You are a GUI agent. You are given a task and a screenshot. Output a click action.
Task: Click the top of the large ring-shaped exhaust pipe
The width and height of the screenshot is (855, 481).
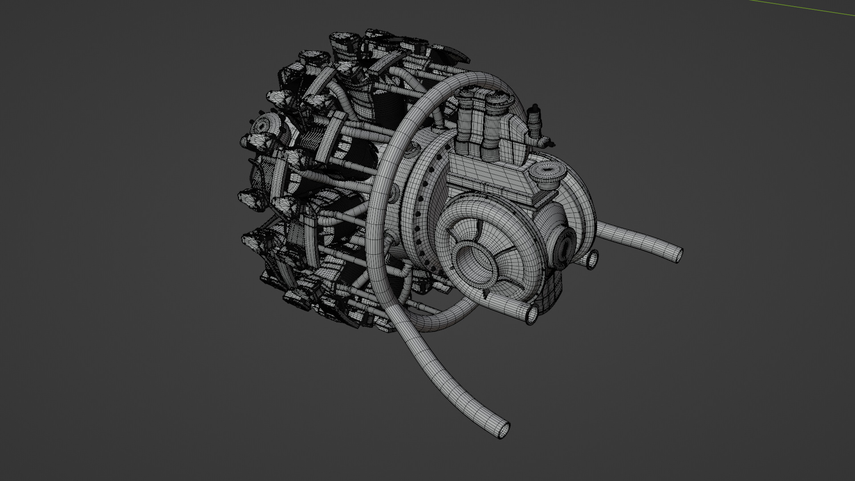tap(468, 80)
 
